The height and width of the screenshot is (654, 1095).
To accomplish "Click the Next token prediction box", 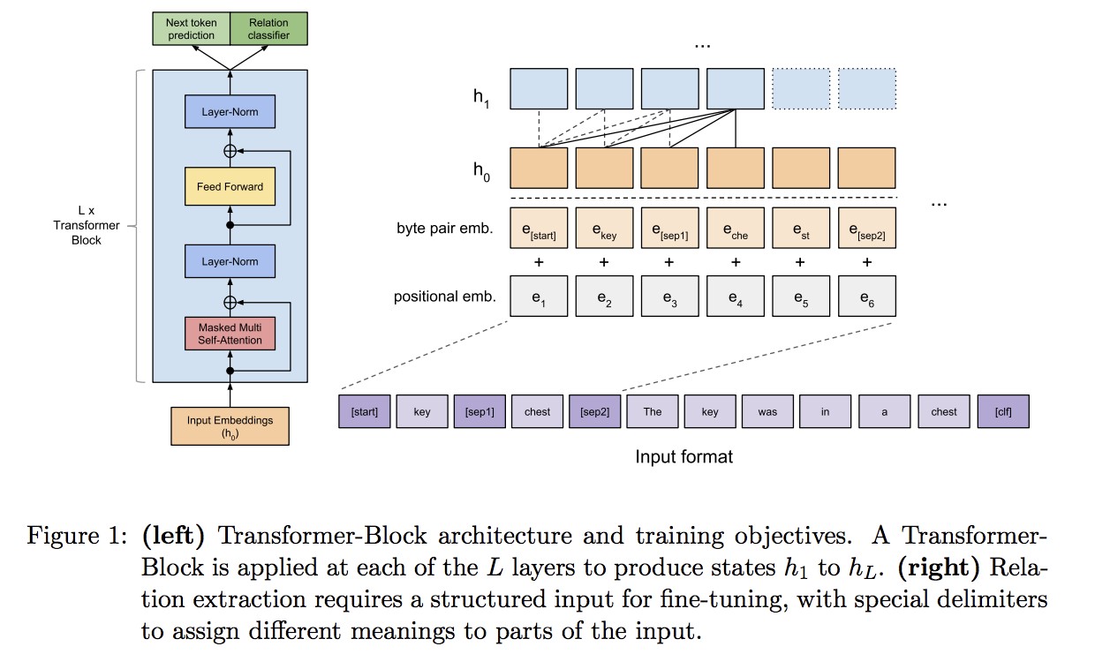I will (191, 29).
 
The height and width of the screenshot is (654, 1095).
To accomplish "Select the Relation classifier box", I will (268, 29).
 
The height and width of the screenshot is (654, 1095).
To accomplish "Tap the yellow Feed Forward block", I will (230, 186).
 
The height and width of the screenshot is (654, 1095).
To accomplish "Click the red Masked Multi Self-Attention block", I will (230, 334).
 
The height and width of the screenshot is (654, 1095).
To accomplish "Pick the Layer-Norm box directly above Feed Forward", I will (230, 112).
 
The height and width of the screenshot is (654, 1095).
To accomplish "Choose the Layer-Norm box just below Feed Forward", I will (230, 261).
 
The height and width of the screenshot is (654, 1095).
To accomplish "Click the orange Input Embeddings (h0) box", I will (230, 426).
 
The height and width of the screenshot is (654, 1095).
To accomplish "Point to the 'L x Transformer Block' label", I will (87, 226).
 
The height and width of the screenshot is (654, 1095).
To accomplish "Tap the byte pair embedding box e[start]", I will (539, 229).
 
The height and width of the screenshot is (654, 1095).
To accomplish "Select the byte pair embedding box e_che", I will (736, 229).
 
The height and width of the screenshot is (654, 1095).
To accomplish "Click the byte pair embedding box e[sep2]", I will (866, 229).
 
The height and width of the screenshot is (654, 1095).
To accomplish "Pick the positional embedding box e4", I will (736, 297).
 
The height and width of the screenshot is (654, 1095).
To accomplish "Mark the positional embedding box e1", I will (539, 297).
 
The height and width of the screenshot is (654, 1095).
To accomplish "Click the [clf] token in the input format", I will (1003, 411).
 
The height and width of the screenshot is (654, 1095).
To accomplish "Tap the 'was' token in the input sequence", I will (767, 411).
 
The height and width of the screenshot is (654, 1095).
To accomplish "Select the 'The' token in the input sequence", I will (653, 411).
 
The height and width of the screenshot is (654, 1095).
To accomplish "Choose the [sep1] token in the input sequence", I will (480, 411).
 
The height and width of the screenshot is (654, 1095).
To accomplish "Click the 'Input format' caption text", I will (683, 456).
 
